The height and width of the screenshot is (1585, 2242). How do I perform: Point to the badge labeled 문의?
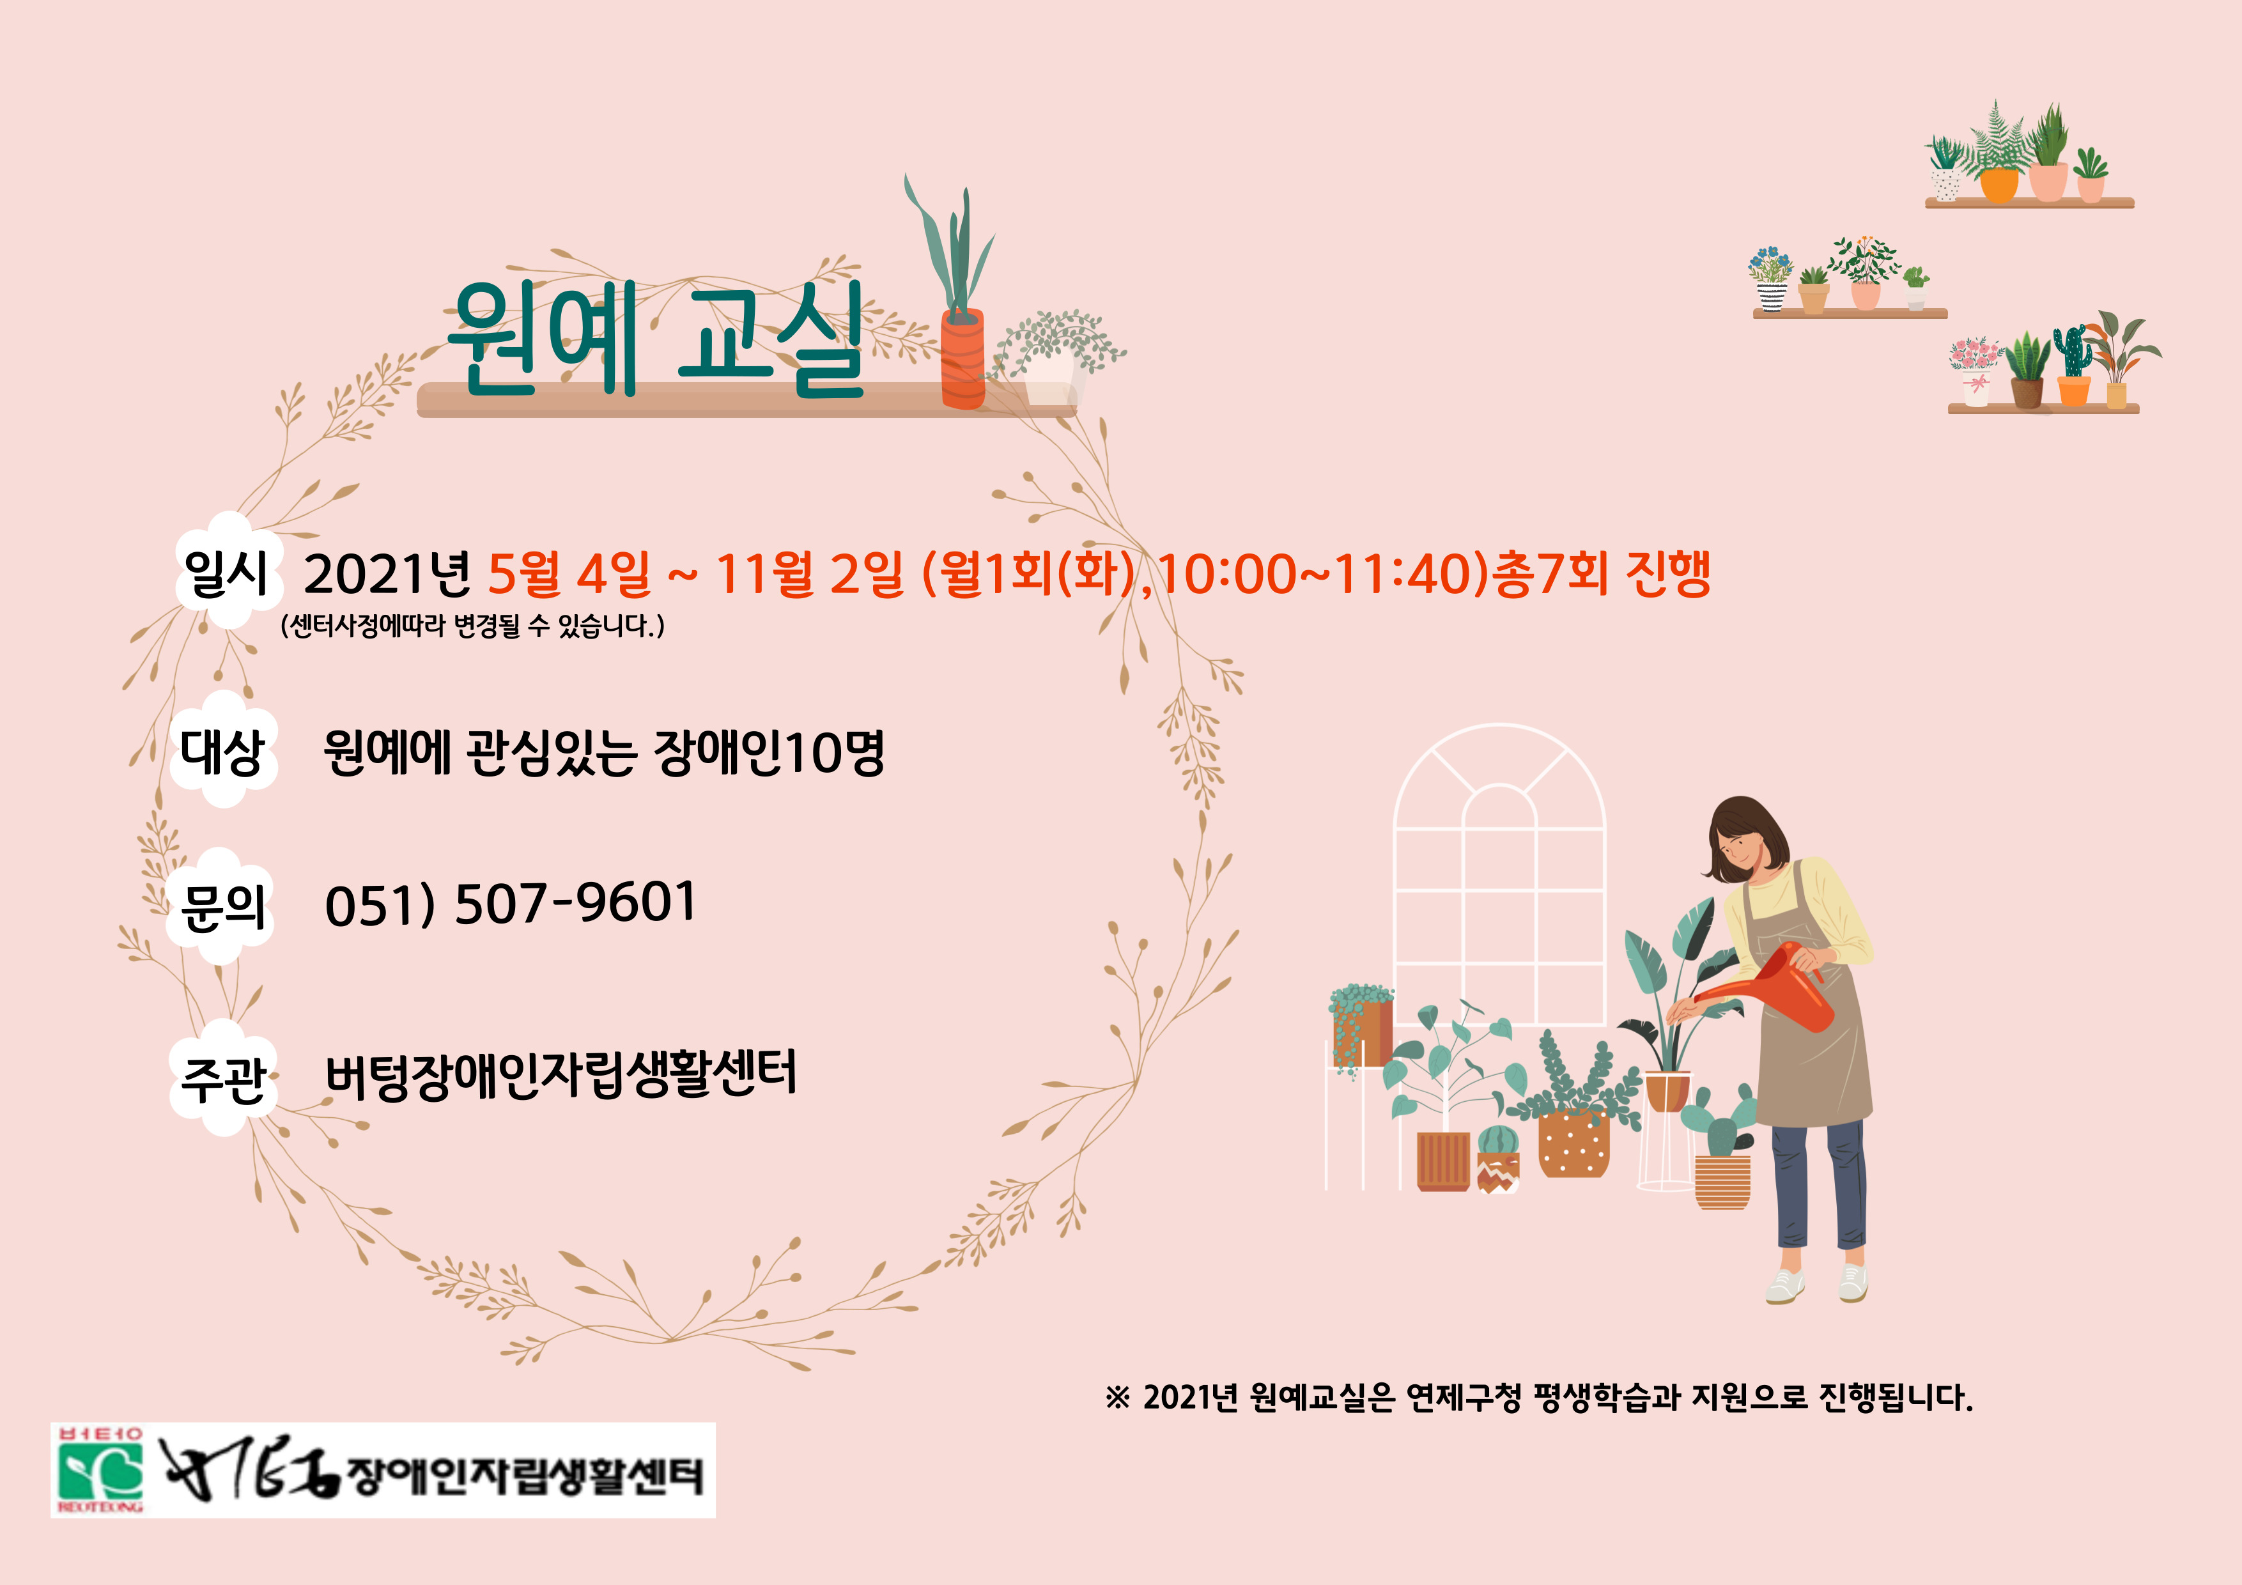[x=220, y=905]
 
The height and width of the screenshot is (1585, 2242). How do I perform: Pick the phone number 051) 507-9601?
[x=510, y=902]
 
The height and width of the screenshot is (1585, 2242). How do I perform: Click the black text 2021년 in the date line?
[x=387, y=573]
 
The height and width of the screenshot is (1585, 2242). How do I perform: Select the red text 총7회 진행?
[x=1600, y=573]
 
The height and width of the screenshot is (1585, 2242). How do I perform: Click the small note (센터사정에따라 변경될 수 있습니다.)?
[x=472, y=626]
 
